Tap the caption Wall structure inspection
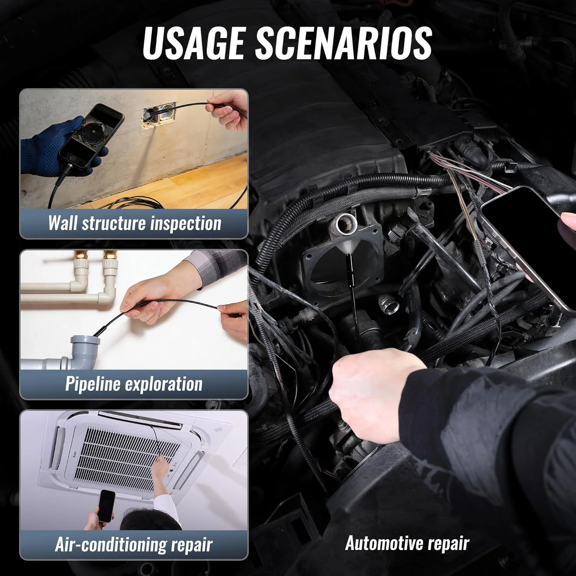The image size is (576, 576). click(x=134, y=223)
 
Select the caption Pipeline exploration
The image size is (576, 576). click(x=134, y=384)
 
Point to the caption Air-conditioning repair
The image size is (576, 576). click(x=134, y=544)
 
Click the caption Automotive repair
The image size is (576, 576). click(x=407, y=543)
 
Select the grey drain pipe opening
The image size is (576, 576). click(x=85, y=341)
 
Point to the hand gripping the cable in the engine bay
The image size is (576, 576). click(x=378, y=396)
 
